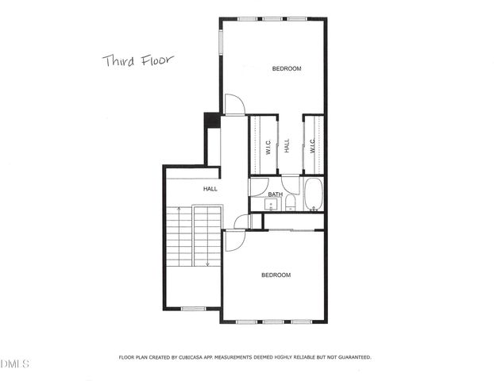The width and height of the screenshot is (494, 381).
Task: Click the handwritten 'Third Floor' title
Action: pyautogui.click(x=137, y=60)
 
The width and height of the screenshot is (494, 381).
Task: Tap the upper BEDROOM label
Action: pyautogui.click(x=287, y=69)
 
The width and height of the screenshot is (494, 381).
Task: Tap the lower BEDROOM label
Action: pyautogui.click(x=276, y=275)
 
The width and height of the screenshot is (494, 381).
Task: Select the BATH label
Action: pyautogui.click(x=275, y=194)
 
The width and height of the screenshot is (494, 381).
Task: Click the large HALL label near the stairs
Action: pyautogui.click(x=210, y=189)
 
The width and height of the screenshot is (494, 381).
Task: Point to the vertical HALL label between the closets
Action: pyautogui.click(x=288, y=145)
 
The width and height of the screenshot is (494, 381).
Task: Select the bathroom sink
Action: pyautogui.click(x=271, y=205)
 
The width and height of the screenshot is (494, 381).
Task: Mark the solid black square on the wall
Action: pyautogui.click(x=212, y=119)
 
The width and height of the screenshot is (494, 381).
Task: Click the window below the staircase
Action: pyautogui.click(x=193, y=308)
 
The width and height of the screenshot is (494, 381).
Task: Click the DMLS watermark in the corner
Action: pyautogui.click(x=15, y=364)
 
